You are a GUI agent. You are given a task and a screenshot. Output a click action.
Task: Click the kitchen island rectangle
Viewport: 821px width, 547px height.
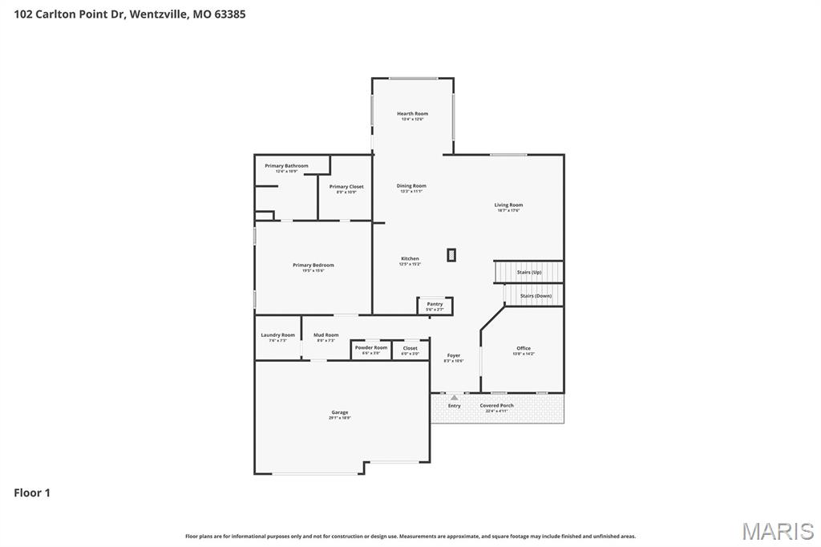click(451, 255)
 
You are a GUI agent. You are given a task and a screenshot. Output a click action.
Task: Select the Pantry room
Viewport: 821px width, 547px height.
click(435, 306)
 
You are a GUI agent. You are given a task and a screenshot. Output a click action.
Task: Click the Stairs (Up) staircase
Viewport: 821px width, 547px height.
click(529, 272)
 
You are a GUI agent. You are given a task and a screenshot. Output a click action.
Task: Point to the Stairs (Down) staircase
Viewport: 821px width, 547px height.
click(535, 296)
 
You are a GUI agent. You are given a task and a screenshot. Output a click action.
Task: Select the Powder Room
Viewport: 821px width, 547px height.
click(370, 350)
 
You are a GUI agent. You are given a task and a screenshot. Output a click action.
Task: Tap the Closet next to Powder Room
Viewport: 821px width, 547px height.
click(410, 350)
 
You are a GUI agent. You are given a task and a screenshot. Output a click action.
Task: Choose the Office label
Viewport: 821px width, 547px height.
click(524, 350)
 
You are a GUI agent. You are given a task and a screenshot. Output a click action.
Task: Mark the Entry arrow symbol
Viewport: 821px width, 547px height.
click(455, 397)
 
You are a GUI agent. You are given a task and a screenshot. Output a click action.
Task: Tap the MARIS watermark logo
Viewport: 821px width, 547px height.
click(778, 531)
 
